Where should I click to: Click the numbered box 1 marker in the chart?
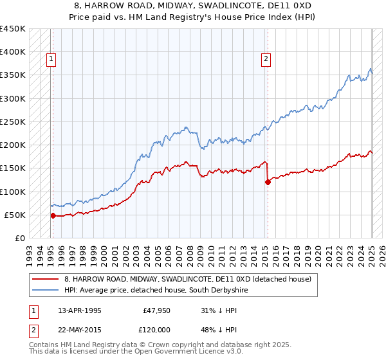(50, 59)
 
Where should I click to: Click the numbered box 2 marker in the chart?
(265, 59)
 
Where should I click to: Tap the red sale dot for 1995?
(53, 215)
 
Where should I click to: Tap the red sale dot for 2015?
(268, 182)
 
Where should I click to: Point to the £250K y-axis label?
(12, 122)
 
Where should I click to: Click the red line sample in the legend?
(46, 279)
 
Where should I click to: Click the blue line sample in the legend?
(46, 291)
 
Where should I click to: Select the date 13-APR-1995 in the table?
(79, 310)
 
